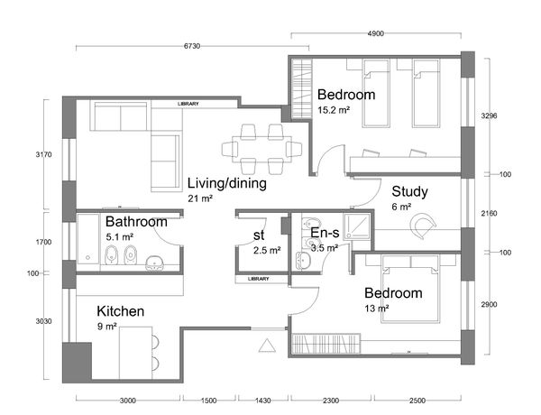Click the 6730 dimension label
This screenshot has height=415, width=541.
(x=192, y=46)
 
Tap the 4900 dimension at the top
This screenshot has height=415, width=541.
(x=376, y=33)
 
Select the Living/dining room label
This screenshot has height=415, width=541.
(x=226, y=183)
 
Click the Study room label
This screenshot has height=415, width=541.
(x=409, y=191)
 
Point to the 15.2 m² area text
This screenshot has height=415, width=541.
(x=334, y=110)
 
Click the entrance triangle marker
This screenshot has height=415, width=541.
(x=267, y=346)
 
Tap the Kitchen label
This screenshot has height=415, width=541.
(x=121, y=311)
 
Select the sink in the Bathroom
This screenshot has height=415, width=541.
(x=154, y=263)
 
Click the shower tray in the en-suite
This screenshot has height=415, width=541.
(x=357, y=226)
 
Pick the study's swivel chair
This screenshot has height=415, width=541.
(x=422, y=226)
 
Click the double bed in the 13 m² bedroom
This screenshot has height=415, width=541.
(x=410, y=290)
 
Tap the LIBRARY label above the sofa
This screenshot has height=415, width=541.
(x=188, y=104)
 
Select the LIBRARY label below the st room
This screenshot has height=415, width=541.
(x=258, y=279)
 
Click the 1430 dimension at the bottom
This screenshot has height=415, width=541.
(x=263, y=401)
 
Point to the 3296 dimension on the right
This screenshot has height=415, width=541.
(x=490, y=115)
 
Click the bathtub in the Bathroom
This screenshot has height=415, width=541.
(x=88, y=239)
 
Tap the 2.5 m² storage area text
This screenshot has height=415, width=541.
(x=267, y=250)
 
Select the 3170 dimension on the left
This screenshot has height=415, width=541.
(x=44, y=154)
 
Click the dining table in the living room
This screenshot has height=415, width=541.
(x=261, y=149)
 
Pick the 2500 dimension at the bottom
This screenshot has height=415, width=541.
(x=417, y=401)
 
